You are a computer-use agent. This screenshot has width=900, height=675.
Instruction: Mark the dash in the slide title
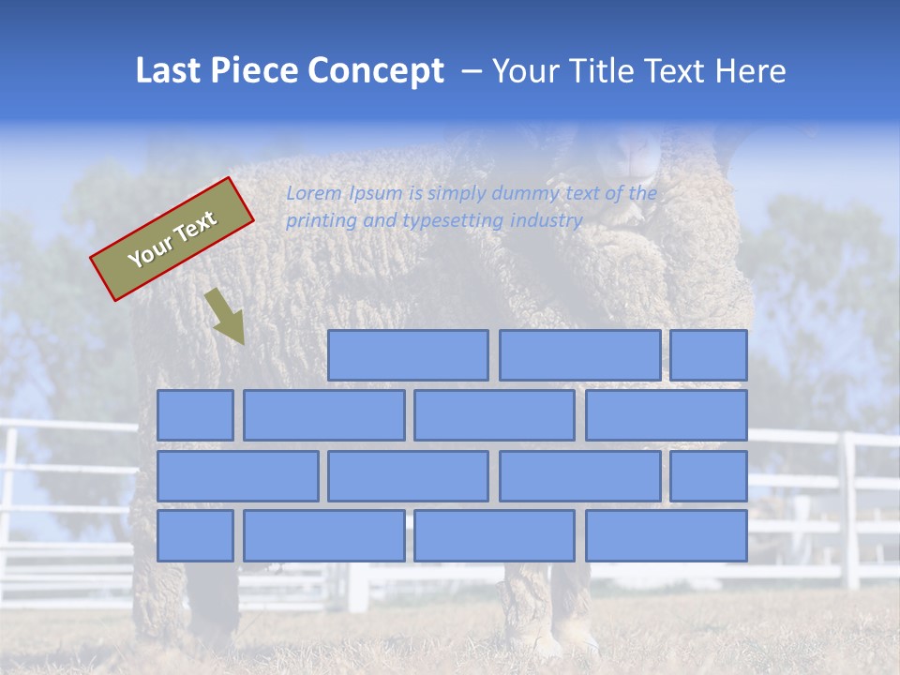point(472,72)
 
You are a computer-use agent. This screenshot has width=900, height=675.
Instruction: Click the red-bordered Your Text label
point(172,239)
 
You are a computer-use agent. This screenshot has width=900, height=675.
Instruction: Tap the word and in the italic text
point(379,221)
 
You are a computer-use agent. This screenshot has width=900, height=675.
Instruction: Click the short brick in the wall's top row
point(709,355)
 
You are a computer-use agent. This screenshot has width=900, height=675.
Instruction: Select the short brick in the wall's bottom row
point(195,535)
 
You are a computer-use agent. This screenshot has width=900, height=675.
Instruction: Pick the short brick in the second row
point(195,415)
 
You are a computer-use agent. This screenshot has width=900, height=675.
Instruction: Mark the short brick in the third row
point(709,475)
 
